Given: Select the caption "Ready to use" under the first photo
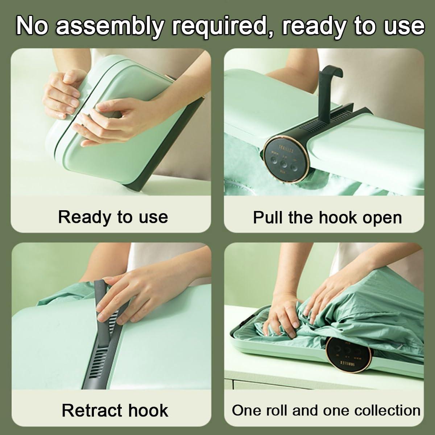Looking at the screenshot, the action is pos(113,217).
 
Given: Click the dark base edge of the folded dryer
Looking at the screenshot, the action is pos(171,145).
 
